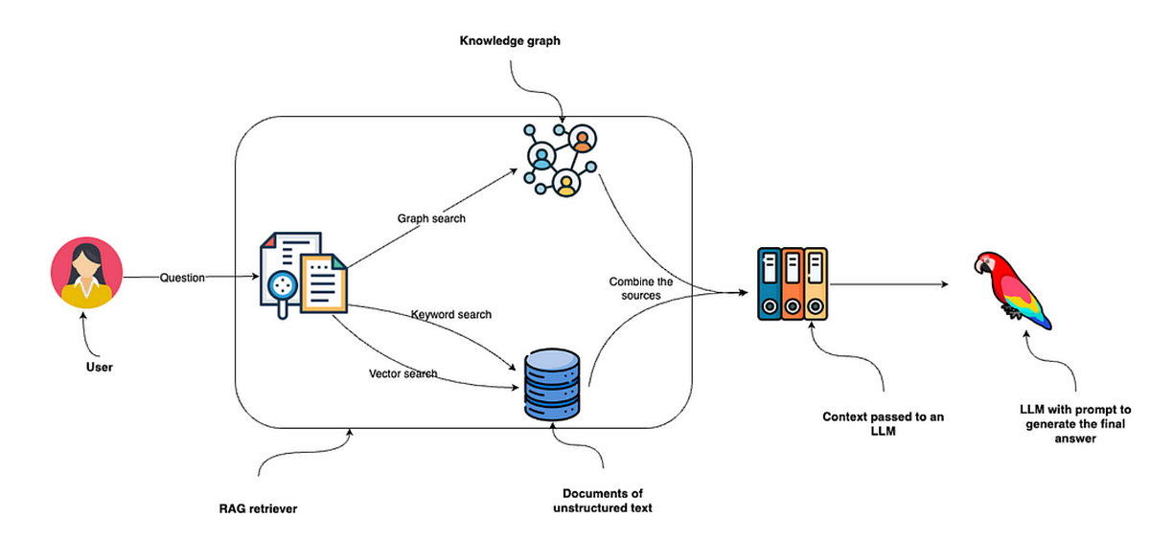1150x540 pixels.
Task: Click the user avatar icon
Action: tap(86, 272)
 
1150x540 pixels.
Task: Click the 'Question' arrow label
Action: tap(182, 278)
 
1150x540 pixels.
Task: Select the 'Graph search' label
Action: tap(431, 218)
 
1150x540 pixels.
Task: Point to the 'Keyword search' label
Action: tap(451, 314)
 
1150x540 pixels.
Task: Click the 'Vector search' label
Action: tap(403, 373)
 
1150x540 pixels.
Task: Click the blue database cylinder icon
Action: tap(552, 385)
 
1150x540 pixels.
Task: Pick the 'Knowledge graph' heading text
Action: tap(510, 40)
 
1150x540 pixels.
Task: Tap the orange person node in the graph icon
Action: tap(583, 139)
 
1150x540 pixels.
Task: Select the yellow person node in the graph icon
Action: tap(566, 183)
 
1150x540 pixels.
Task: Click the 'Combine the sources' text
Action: tap(641, 288)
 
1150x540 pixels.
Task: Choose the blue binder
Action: tap(769, 284)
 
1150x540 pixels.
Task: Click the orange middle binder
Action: tap(793, 284)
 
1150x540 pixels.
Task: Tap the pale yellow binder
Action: tap(816, 284)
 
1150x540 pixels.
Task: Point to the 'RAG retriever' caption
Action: tap(258, 508)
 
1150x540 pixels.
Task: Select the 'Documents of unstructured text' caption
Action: tap(603, 501)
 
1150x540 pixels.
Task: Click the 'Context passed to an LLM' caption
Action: tap(883, 423)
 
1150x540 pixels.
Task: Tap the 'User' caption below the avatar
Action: tap(99, 367)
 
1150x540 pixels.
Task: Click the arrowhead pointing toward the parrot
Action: tap(945, 284)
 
